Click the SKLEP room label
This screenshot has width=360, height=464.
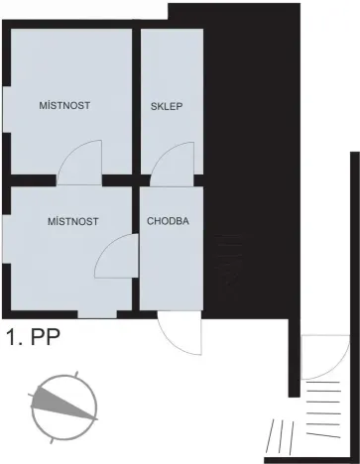167,107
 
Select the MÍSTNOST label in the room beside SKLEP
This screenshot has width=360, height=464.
64,104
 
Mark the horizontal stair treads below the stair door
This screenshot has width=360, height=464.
324,402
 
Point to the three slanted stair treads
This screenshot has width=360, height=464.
285,434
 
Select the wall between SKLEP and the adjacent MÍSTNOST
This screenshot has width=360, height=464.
136,104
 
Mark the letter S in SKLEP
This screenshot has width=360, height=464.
154,107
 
